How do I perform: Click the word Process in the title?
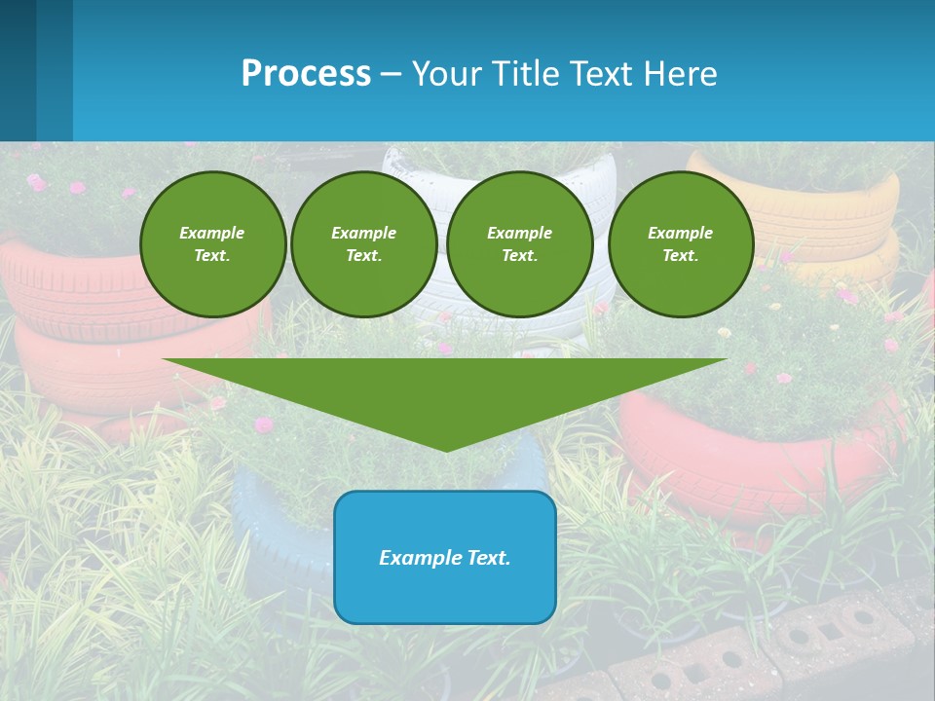(x=306, y=74)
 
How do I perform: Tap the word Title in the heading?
(x=523, y=74)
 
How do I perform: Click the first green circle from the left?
(x=212, y=244)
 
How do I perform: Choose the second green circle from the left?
(x=363, y=244)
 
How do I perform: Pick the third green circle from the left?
(x=519, y=244)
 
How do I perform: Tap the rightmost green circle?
(x=680, y=244)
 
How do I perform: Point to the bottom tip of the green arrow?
(x=445, y=450)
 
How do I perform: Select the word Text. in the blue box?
(x=488, y=558)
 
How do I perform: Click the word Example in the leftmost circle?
(x=212, y=233)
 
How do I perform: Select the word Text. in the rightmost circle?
(x=680, y=256)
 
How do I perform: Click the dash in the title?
(x=391, y=75)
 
